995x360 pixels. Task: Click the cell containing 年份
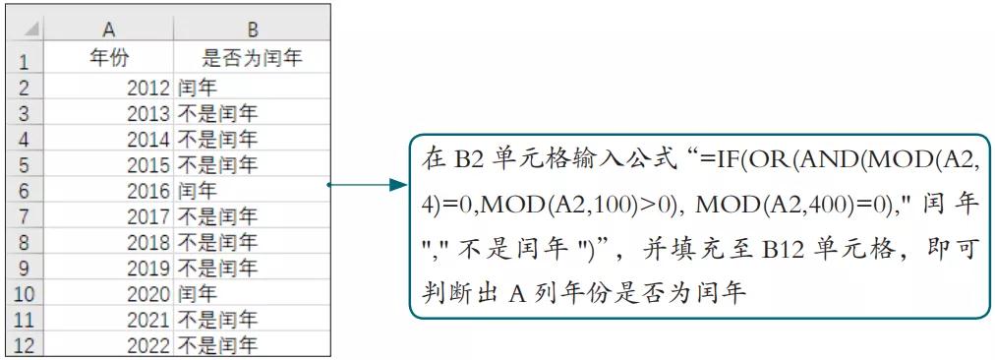pyautogui.click(x=109, y=59)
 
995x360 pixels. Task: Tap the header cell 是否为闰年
pyautogui.click(x=253, y=59)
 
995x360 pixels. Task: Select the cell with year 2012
pyautogui.click(x=109, y=87)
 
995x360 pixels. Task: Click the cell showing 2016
pyautogui.click(x=109, y=189)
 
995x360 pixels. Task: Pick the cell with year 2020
pyautogui.click(x=109, y=292)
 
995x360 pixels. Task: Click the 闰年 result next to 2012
pyautogui.click(x=253, y=87)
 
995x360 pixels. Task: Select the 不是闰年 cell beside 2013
pyautogui.click(x=253, y=112)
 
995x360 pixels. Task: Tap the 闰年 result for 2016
pyautogui.click(x=253, y=189)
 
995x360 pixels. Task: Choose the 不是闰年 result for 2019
pyautogui.click(x=253, y=267)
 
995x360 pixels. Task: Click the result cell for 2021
pyautogui.click(x=253, y=318)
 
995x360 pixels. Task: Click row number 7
pyautogui.click(x=24, y=215)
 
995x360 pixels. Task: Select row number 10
pyautogui.click(x=24, y=292)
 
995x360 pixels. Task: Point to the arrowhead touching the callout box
pyautogui.click(x=398, y=184)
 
